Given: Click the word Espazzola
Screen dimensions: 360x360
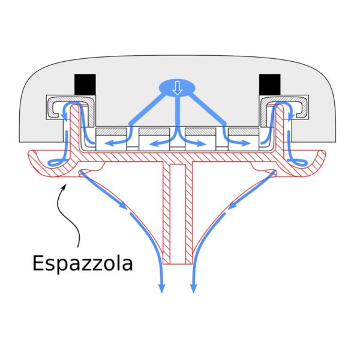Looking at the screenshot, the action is pos(83,263).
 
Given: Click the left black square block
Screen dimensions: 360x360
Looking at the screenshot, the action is pos(85,84).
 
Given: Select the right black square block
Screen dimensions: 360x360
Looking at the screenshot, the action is pos(270,84).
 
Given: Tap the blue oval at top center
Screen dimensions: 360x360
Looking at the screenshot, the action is pos(177,88).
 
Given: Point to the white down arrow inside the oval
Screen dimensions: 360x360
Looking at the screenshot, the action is pos(177,88).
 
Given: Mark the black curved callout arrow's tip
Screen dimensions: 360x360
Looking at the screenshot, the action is pos(65,184).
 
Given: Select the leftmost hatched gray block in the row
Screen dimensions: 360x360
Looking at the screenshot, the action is pos(111,131).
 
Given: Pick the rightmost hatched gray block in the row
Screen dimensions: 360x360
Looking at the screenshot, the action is pos(244,131).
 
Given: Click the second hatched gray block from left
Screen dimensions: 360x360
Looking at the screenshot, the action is pos(154,131).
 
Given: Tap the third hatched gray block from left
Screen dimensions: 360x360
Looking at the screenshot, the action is pos(200,131).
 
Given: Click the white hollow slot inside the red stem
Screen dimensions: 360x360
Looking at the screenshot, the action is pos(178,214).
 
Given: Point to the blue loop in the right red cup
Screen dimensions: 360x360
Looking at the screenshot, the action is pos(298,163).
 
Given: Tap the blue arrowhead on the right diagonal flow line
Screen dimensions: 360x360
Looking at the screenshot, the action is pos(233,205).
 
